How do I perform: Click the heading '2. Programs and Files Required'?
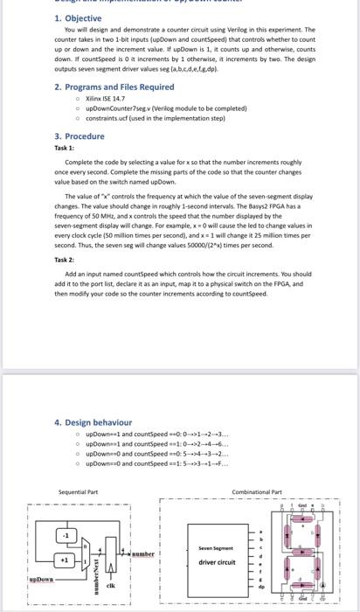tap(101, 87)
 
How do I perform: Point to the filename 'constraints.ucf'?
tap(110, 118)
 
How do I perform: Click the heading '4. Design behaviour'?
tap(93, 422)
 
